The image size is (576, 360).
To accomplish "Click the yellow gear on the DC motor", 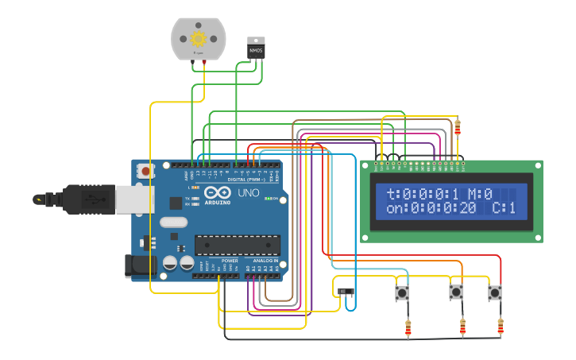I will [199, 37].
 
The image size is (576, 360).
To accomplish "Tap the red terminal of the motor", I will [204, 61].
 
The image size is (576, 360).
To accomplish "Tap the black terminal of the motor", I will [192, 61].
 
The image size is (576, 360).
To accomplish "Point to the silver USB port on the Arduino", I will [134, 199].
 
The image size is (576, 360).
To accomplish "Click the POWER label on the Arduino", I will [230, 261].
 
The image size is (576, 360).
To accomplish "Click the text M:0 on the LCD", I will [480, 194].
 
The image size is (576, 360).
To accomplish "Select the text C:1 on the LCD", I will [504, 209].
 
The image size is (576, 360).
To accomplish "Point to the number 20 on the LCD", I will [467, 209].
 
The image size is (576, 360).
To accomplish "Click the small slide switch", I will [346, 292].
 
